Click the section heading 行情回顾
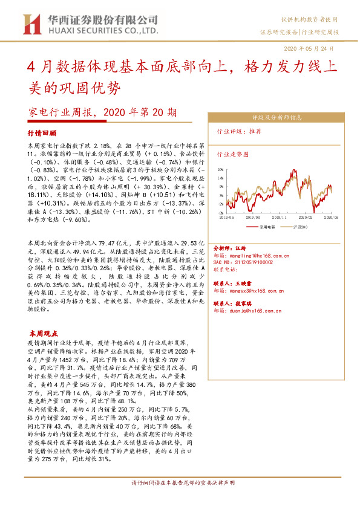(x=42, y=132)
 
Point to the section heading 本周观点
(x=43, y=333)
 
